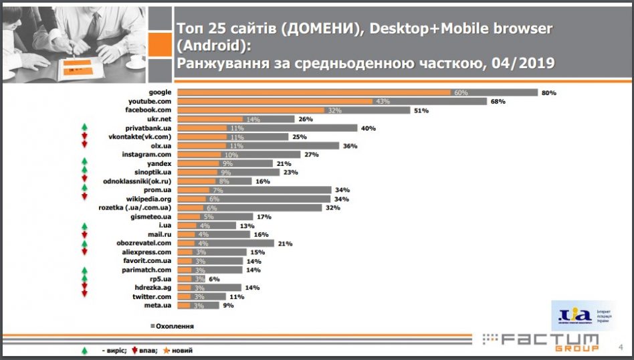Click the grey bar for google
pyautogui.click(x=502, y=92)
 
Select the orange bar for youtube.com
pyautogui.click(x=274, y=101)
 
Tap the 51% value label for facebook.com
pyautogui.click(x=421, y=110)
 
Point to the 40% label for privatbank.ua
pyautogui.click(x=369, y=128)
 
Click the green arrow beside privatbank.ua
pyautogui.click(x=85, y=127)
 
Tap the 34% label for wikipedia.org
pyautogui.click(x=342, y=199)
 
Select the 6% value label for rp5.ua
pyautogui.click(x=215, y=279)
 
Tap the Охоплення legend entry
pyautogui.click(x=173, y=327)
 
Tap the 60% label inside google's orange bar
pyautogui.click(x=460, y=92)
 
